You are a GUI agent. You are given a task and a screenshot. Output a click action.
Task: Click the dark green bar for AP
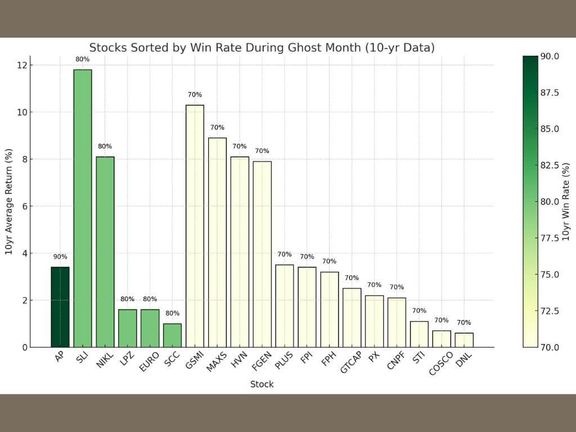coord(60,307)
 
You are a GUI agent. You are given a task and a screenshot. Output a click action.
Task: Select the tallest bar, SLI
coord(83,208)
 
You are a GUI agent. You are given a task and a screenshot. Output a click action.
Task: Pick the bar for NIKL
coord(105,252)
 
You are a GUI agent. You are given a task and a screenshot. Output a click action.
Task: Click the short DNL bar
coord(464,340)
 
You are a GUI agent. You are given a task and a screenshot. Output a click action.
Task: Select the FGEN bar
coord(262,254)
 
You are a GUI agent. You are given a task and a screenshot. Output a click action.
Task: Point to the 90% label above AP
coord(60,257)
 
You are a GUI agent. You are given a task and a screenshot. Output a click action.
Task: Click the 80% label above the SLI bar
coord(83,59)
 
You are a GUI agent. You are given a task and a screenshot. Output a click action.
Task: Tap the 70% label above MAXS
coord(217,128)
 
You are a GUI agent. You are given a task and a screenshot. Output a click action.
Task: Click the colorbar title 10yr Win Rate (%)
coord(566,201)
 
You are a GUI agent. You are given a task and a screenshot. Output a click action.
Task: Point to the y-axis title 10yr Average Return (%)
coord(8,201)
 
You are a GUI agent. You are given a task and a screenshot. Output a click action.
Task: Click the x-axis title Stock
coord(262,384)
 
